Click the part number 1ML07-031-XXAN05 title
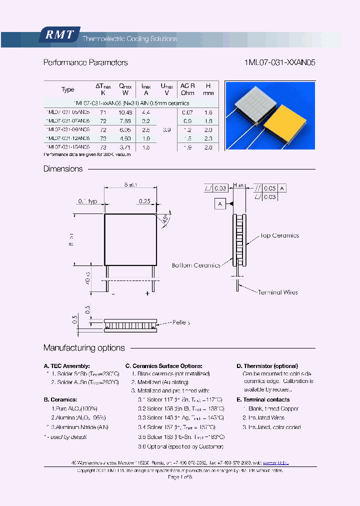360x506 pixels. point(279,63)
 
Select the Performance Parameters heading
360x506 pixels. point(85,63)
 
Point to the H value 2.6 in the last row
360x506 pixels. point(208,147)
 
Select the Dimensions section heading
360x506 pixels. point(63,169)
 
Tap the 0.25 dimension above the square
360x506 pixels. point(145,201)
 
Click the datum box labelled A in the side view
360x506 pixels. point(220,203)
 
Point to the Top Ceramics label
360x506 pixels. point(279,235)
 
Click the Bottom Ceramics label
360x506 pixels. point(196,265)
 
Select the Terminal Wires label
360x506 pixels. point(277,292)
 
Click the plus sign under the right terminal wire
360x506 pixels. point(147,294)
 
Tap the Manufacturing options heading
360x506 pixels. point(84,348)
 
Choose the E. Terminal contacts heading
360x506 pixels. point(263,399)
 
